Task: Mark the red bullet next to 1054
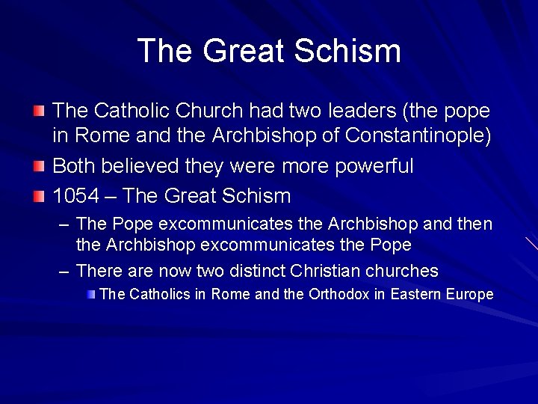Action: pos(39,196)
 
